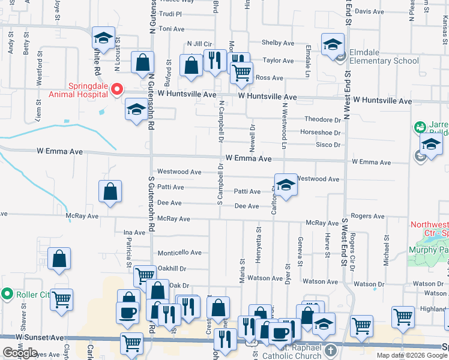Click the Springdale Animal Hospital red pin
(x=118, y=89)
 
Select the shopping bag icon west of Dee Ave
(x=110, y=193)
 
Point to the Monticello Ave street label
(x=179, y=253)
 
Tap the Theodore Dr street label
(x=322, y=119)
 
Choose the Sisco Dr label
(x=328, y=145)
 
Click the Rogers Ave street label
(x=367, y=216)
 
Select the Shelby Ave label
(x=277, y=43)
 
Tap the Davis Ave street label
(x=369, y=11)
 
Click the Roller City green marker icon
(x=7, y=294)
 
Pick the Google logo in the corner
(x=20, y=353)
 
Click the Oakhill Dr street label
(x=172, y=269)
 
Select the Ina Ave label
(x=134, y=232)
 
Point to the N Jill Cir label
(x=200, y=44)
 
